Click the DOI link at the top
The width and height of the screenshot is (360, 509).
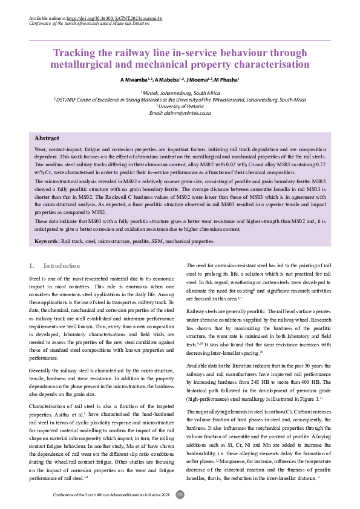click(115, 19)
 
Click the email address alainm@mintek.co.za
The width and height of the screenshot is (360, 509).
click(180, 113)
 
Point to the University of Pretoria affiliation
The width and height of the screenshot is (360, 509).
click(180, 106)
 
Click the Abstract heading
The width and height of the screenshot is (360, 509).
click(47, 138)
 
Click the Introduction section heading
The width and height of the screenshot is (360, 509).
click(62, 265)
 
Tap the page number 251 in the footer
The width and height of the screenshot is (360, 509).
click(180, 494)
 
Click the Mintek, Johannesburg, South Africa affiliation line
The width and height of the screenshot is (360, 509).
click(180, 93)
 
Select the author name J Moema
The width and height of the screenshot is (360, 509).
click(198, 80)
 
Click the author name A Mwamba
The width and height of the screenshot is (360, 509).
click(134, 80)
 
